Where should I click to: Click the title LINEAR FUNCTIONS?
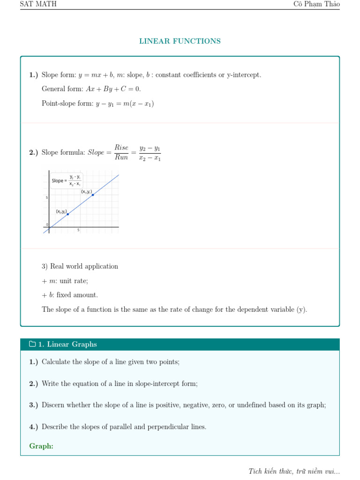pos(180,41)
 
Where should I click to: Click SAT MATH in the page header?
pos(38,4)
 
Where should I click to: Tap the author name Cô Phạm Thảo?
pos(316,4)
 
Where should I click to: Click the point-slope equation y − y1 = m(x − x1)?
pos(124,104)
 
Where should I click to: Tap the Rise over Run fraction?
pos(121,153)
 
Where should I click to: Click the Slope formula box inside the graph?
pos(66,180)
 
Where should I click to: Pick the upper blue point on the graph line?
pos(93,195)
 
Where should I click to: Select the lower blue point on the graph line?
pos(68,214)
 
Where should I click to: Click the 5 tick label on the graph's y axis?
pos(47,198)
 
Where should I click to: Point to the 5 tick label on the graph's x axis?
pos(78,231)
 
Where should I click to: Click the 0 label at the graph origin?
pos(47,225)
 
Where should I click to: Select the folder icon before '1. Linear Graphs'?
pos(32,345)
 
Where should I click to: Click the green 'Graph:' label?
pos(41,446)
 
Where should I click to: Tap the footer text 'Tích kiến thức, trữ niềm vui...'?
pos(294,471)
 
